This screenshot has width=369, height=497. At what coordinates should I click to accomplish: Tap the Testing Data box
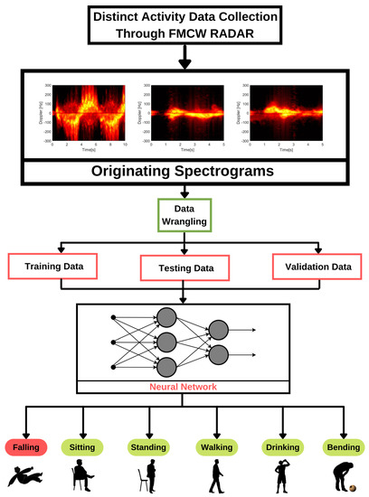184,268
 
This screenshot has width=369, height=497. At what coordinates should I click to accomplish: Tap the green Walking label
215,445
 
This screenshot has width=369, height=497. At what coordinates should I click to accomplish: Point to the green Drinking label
280,445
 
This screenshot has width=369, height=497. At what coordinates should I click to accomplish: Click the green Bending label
342,445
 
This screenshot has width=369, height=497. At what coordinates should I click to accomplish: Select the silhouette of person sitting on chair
83,475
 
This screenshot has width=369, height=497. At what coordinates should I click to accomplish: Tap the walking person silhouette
215,475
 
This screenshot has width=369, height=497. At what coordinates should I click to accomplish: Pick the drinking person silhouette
280,475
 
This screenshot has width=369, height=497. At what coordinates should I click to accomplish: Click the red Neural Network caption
184,387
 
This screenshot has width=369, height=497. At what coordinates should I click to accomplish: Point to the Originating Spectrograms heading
184,172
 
